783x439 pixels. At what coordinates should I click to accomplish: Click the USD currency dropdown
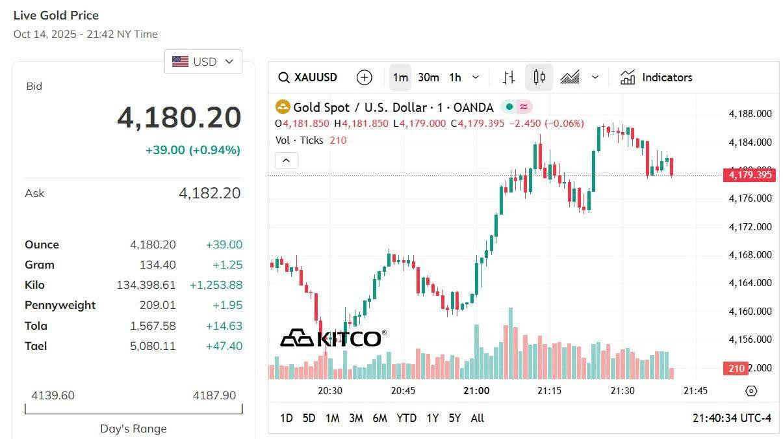click(x=203, y=62)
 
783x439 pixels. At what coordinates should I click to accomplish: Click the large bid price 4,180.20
click(x=179, y=118)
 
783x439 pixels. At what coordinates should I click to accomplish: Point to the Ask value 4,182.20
click(x=209, y=193)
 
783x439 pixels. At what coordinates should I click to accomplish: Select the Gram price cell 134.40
click(x=157, y=265)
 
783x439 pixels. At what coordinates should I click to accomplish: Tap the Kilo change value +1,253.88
click(x=216, y=285)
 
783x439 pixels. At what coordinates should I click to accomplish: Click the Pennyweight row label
click(x=60, y=305)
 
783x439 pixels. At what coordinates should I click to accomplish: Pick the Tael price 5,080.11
click(x=153, y=346)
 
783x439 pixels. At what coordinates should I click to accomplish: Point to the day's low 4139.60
click(x=53, y=395)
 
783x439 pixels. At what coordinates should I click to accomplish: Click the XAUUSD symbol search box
click(x=308, y=77)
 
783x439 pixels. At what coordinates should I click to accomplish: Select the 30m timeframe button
click(x=428, y=77)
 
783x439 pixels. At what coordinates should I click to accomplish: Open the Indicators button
click(x=656, y=77)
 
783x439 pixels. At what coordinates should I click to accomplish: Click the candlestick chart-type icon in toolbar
click(x=539, y=77)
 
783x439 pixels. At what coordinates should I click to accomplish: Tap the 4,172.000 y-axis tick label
click(x=750, y=226)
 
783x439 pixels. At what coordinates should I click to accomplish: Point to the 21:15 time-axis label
click(x=549, y=390)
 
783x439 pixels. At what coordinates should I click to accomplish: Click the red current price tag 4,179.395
click(x=749, y=174)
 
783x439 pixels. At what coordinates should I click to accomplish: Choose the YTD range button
click(x=406, y=418)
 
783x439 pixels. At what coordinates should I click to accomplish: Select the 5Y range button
click(x=454, y=418)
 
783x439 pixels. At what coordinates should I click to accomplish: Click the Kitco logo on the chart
click(x=333, y=338)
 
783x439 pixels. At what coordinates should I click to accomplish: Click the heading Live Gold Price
click(x=56, y=15)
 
